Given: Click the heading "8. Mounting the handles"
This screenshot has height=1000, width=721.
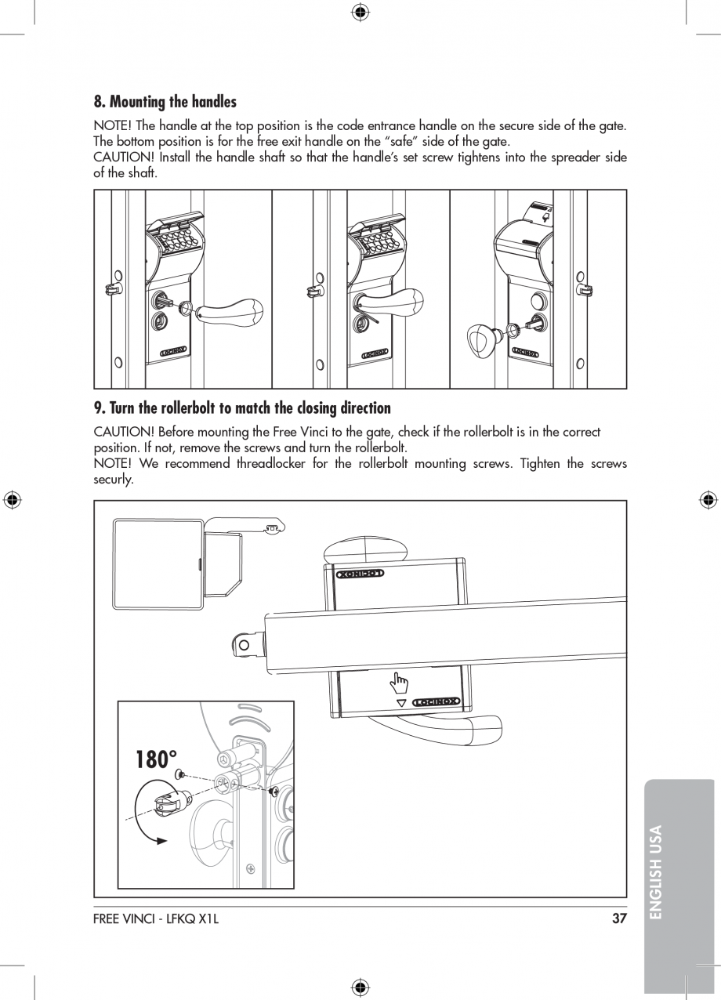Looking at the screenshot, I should pyautogui.click(x=165, y=102).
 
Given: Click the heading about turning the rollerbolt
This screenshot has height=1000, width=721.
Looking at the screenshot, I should pyautogui.click(x=242, y=408).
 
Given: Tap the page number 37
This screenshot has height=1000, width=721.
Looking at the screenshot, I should pyautogui.click(x=619, y=918).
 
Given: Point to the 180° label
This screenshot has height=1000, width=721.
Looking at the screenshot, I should pyautogui.click(x=156, y=759).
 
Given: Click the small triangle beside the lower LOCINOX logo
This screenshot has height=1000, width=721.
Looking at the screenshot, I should pyautogui.click(x=401, y=702).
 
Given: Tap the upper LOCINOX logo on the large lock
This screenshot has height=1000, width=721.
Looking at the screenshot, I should pyautogui.click(x=360, y=574).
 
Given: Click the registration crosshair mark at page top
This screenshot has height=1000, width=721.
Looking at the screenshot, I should pyautogui.click(x=360, y=11).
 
